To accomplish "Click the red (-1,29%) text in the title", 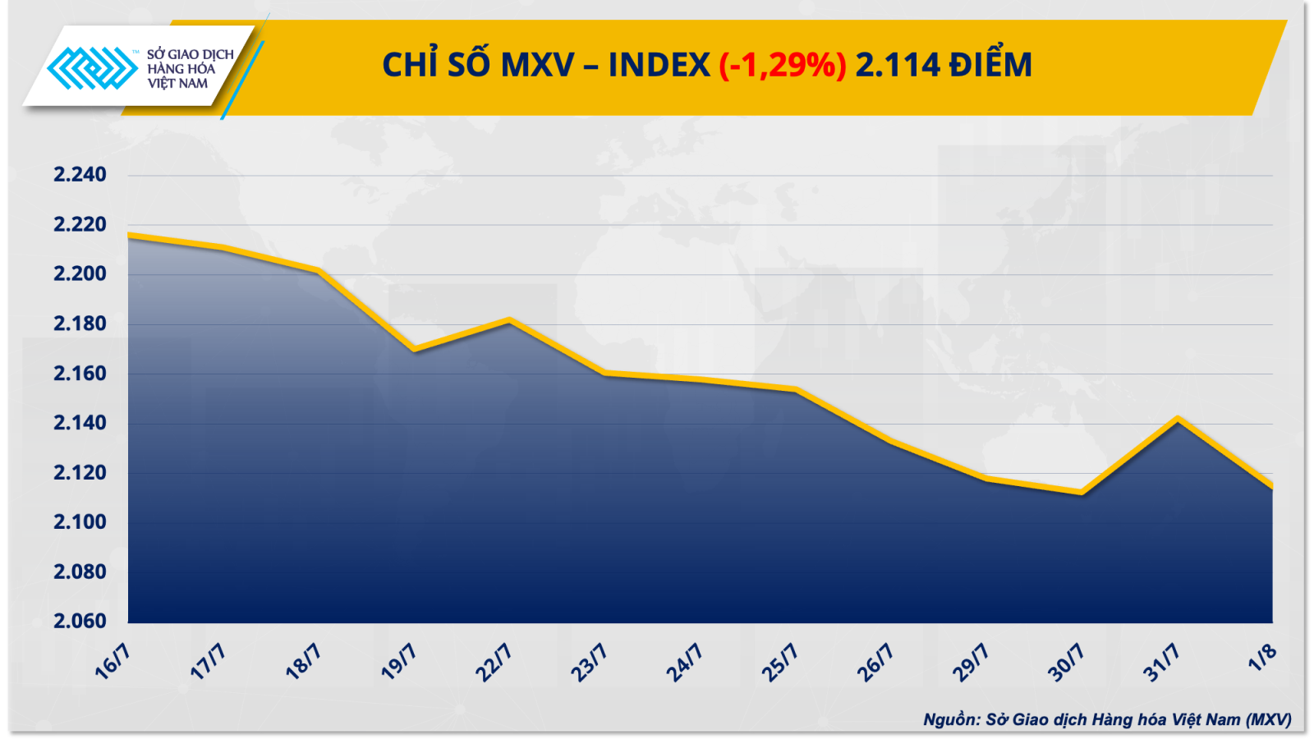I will coord(782,65).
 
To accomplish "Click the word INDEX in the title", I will coord(659,65).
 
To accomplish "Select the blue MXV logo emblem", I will coord(91,68).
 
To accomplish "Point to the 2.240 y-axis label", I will coord(80,174).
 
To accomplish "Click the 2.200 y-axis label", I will coord(80,273).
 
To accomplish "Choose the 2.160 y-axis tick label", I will coord(80,373).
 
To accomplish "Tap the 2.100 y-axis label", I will coord(80,521).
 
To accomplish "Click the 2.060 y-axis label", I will coord(80,621).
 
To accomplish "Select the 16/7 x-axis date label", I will coord(113,662).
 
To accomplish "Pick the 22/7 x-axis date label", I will coord(494,662).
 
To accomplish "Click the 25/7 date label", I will coord(779,662).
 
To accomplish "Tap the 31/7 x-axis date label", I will coord(1161,662).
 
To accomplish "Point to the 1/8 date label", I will coord(1262,657).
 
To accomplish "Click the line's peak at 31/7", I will coord(1178,419).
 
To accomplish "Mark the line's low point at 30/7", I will coord(1082,493).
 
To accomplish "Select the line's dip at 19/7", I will coord(415,349).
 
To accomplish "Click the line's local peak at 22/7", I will coord(510,319).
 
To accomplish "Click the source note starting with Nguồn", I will coord(1106,720).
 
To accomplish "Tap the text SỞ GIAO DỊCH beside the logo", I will coord(191,54).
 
